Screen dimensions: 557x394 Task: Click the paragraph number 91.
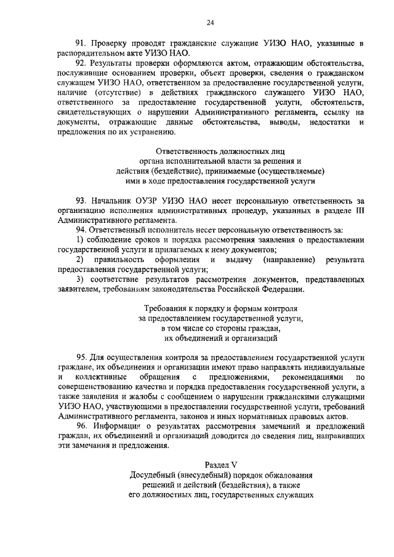[x=81, y=43]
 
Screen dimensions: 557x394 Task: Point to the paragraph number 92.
[x=81, y=63]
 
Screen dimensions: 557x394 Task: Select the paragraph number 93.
[x=81, y=201]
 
